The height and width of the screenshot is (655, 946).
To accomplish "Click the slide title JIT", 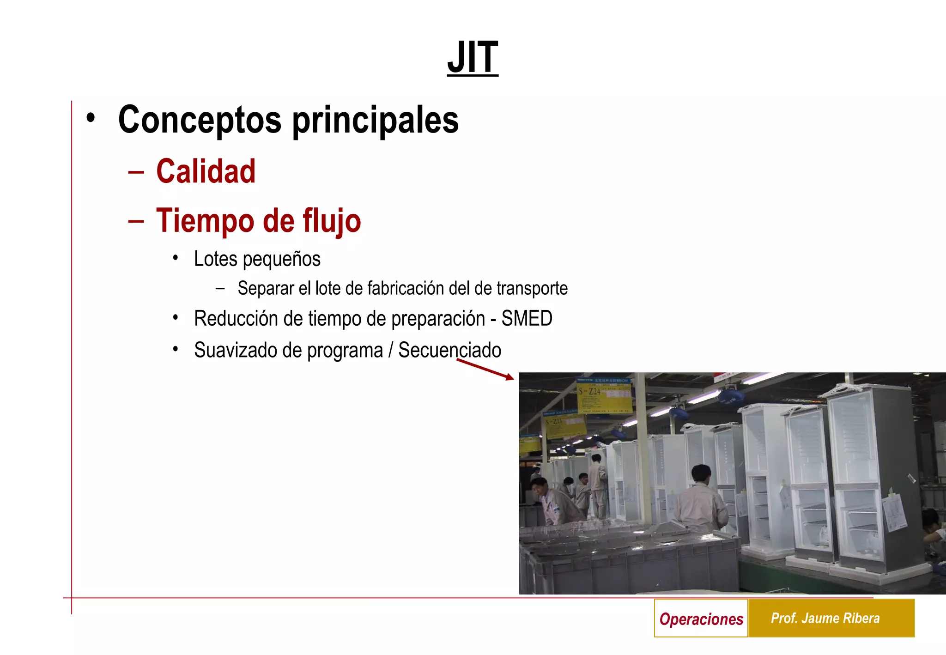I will (x=473, y=57).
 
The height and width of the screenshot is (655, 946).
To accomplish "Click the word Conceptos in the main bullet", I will (x=200, y=120).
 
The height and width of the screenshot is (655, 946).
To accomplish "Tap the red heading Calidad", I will (x=206, y=171).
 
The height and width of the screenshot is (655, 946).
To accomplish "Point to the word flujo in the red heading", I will (x=332, y=221).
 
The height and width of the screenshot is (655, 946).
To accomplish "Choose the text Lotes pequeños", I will (x=257, y=259).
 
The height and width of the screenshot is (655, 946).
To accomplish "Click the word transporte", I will (x=532, y=288).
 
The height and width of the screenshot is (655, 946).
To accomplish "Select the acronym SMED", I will (x=527, y=319).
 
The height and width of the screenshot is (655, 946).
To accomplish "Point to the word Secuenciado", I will (x=449, y=350).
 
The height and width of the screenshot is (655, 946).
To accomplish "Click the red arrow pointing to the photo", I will (x=485, y=369).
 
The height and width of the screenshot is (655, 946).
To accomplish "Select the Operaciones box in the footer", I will (x=701, y=619).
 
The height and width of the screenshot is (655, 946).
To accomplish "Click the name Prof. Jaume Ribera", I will (x=825, y=618).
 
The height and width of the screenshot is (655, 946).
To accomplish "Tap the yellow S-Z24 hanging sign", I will (x=604, y=395).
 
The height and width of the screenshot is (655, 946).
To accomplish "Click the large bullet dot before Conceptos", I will (x=91, y=118).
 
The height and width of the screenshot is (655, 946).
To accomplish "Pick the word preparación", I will (x=438, y=319).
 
